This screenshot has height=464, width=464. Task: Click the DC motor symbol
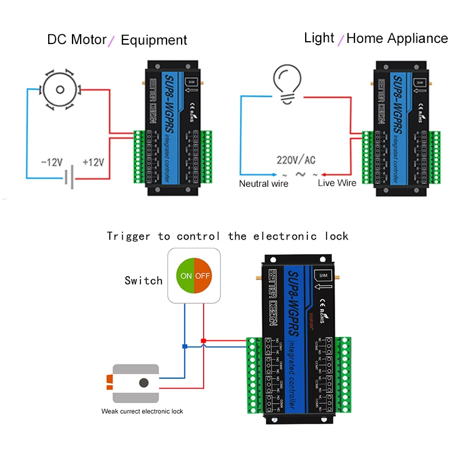(58, 89)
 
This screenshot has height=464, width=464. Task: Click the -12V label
(50, 162)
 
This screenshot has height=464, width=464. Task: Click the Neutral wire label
(263, 183)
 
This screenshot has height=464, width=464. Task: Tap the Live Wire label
(337, 183)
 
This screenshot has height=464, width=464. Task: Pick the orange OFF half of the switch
(203, 275)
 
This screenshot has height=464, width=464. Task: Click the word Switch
(143, 281)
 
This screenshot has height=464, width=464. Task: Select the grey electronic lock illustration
(135, 383)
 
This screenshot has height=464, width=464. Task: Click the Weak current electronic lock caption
(142, 411)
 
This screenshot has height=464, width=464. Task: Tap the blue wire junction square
(184, 346)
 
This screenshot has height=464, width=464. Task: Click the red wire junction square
(203, 340)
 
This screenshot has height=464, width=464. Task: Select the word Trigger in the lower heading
(126, 236)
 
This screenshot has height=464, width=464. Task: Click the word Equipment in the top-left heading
(154, 40)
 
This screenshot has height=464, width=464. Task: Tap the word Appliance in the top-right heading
(418, 38)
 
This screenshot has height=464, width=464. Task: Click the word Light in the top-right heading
(319, 38)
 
